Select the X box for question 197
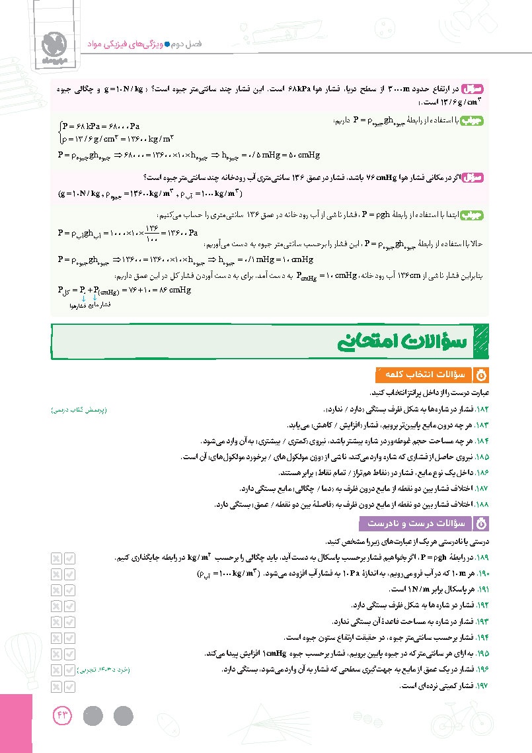56,686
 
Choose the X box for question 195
56,653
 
